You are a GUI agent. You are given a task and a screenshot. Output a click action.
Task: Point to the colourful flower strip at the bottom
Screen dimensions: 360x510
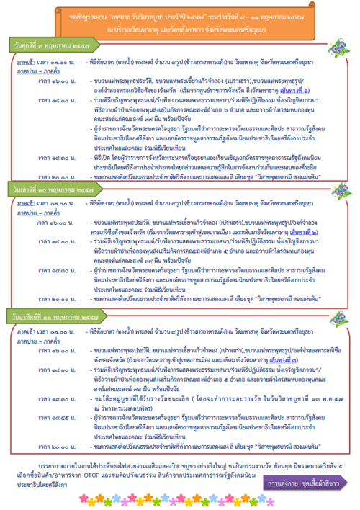pos(180,504)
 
